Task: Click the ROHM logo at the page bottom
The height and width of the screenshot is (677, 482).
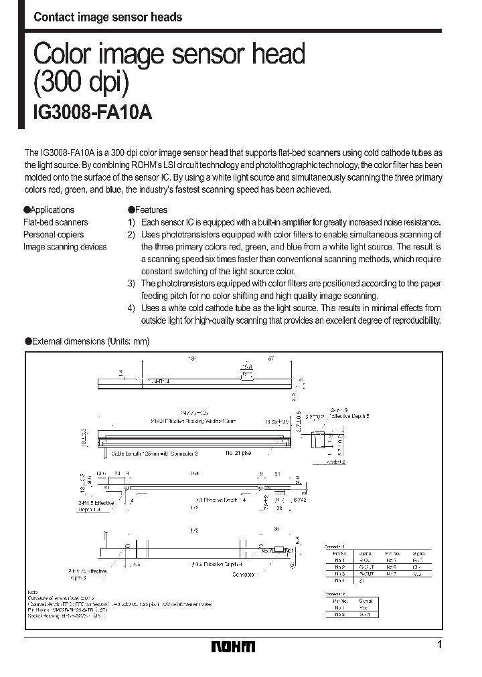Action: [233, 646]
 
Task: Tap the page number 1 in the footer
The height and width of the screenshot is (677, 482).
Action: [439, 645]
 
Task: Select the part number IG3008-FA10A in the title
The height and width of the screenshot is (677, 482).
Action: [93, 113]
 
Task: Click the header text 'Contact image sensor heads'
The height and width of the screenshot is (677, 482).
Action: [108, 17]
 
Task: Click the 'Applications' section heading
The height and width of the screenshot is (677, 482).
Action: [52, 209]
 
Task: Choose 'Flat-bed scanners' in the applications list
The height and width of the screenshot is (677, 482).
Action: [56, 222]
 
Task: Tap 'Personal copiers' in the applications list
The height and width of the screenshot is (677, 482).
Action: [54, 234]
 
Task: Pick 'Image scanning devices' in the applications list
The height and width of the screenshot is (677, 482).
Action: [65, 247]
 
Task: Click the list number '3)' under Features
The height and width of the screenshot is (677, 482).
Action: [132, 284]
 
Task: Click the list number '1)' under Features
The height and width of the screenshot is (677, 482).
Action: [132, 222]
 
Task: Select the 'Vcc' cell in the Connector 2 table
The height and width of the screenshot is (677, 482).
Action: [364, 607]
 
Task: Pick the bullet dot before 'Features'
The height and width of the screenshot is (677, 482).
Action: [131, 209]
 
